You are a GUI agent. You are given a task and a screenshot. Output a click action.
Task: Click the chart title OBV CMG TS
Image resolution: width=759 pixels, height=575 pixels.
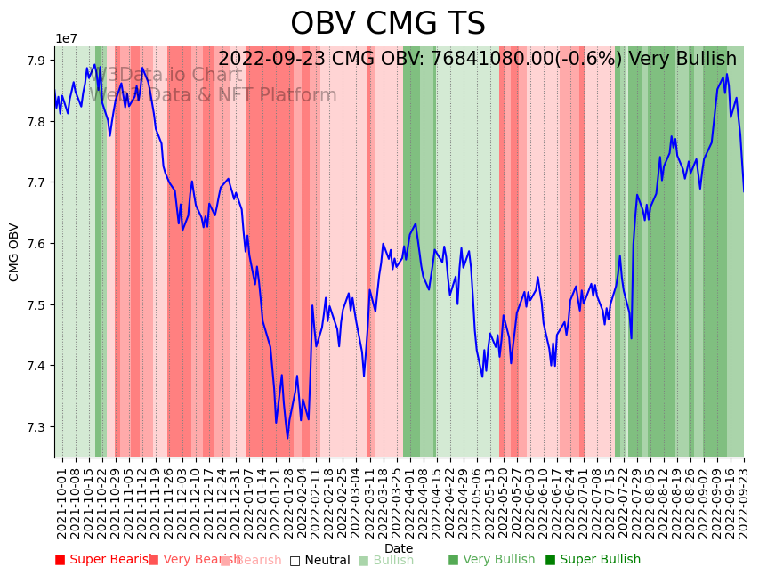coord(388,24)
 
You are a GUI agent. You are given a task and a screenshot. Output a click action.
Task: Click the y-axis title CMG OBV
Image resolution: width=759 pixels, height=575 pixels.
coord(14,252)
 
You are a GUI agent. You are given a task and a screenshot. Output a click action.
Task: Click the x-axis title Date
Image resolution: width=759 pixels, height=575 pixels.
coord(399,548)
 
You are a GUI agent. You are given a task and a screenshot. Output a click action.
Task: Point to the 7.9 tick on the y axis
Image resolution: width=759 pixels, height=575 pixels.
coord(37,61)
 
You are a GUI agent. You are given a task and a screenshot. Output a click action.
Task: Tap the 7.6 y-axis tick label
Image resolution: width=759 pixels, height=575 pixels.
coord(37,244)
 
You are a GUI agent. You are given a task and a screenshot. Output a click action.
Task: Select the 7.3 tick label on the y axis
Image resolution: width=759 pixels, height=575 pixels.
coord(37,427)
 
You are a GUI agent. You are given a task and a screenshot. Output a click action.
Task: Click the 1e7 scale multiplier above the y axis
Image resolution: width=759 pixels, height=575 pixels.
coord(66,39)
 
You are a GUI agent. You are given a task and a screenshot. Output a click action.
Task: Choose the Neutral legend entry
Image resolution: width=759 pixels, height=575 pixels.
coord(319,561)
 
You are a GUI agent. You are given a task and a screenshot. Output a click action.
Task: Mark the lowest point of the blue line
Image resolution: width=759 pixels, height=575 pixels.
coord(287,438)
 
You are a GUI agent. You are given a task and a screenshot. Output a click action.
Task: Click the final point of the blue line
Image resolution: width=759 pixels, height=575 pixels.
coord(744,191)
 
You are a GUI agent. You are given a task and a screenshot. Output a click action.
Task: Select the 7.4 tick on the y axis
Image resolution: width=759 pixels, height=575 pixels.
coord(37,366)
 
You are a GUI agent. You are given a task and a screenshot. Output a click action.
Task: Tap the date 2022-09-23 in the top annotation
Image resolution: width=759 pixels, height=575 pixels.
coord(271,60)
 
